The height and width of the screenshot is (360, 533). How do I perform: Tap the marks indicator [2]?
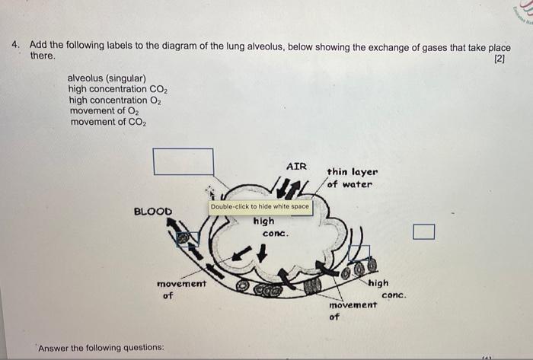pos(499,59)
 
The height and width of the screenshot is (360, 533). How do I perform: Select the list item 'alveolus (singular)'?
pos(107,78)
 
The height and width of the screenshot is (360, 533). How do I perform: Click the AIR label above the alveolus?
pos(296,165)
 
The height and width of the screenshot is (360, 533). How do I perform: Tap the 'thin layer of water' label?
pos(351,178)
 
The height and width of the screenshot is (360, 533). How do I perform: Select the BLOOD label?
pos(153,211)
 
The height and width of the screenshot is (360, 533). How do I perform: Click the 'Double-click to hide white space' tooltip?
pos(260,206)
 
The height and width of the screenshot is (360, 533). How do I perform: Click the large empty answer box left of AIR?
pos(183,161)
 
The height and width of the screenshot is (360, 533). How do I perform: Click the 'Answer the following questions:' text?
pos(101,348)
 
